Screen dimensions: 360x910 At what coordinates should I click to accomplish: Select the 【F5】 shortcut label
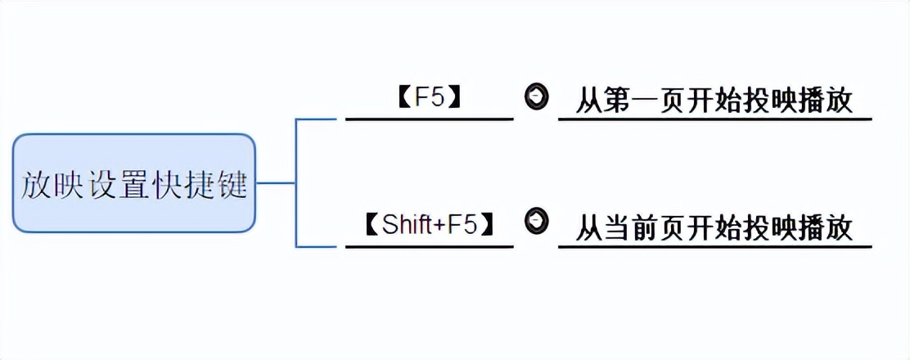(430, 97)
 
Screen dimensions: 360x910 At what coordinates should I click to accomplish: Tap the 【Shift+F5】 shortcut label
(430, 225)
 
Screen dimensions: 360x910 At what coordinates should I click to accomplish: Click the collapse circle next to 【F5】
(536, 96)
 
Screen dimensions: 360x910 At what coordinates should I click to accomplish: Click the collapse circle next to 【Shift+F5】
(536, 220)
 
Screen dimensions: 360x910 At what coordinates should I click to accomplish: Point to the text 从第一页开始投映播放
(714, 101)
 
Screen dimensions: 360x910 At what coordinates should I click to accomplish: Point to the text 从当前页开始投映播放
(714, 227)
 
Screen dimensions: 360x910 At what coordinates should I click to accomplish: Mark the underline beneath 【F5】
(429, 119)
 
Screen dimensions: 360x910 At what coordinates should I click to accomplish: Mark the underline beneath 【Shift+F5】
(429, 246)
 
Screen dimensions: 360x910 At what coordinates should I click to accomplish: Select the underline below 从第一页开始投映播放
(714, 119)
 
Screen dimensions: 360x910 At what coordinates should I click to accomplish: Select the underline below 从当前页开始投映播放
(714, 246)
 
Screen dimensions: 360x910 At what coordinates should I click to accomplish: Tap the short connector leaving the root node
(276, 182)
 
